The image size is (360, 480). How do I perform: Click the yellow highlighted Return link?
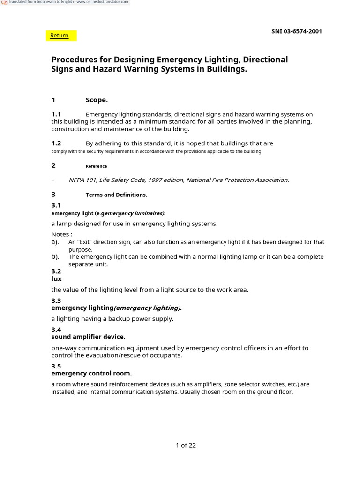click(x=60, y=36)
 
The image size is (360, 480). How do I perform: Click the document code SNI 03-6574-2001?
click(x=296, y=31)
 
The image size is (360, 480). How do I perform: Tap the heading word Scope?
click(x=97, y=100)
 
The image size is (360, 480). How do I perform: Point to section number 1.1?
click(x=56, y=114)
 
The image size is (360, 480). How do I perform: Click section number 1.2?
click(x=56, y=143)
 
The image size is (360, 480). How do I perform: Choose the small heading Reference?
click(x=96, y=166)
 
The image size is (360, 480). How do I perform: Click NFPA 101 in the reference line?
click(x=82, y=180)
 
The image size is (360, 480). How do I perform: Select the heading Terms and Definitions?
click(x=116, y=195)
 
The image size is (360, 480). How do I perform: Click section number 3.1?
click(x=56, y=205)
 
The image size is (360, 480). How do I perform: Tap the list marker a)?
click(x=55, y=242)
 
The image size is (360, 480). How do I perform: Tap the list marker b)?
click(x=55, y=257)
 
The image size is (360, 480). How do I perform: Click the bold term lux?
click(x=56, y=279)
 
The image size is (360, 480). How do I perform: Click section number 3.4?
click(x=56, y=330)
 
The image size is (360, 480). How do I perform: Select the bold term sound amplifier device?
click(x=88, y=337)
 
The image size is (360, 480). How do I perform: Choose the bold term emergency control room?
click(x=91, y=374)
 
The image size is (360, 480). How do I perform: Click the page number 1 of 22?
click(x=186, y=445)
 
